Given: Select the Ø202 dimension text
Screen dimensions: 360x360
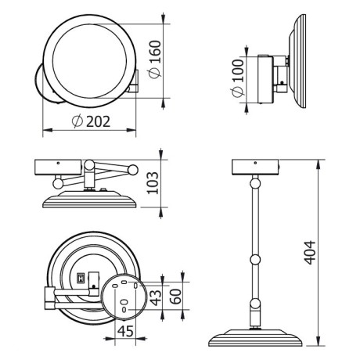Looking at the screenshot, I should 88,121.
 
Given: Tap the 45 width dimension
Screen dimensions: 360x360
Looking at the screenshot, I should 124,331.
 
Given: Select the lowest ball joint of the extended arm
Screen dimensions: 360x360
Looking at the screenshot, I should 256,304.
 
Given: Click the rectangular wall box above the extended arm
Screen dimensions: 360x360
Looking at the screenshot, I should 256,167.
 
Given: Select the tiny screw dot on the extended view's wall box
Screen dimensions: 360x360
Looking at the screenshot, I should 256,159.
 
